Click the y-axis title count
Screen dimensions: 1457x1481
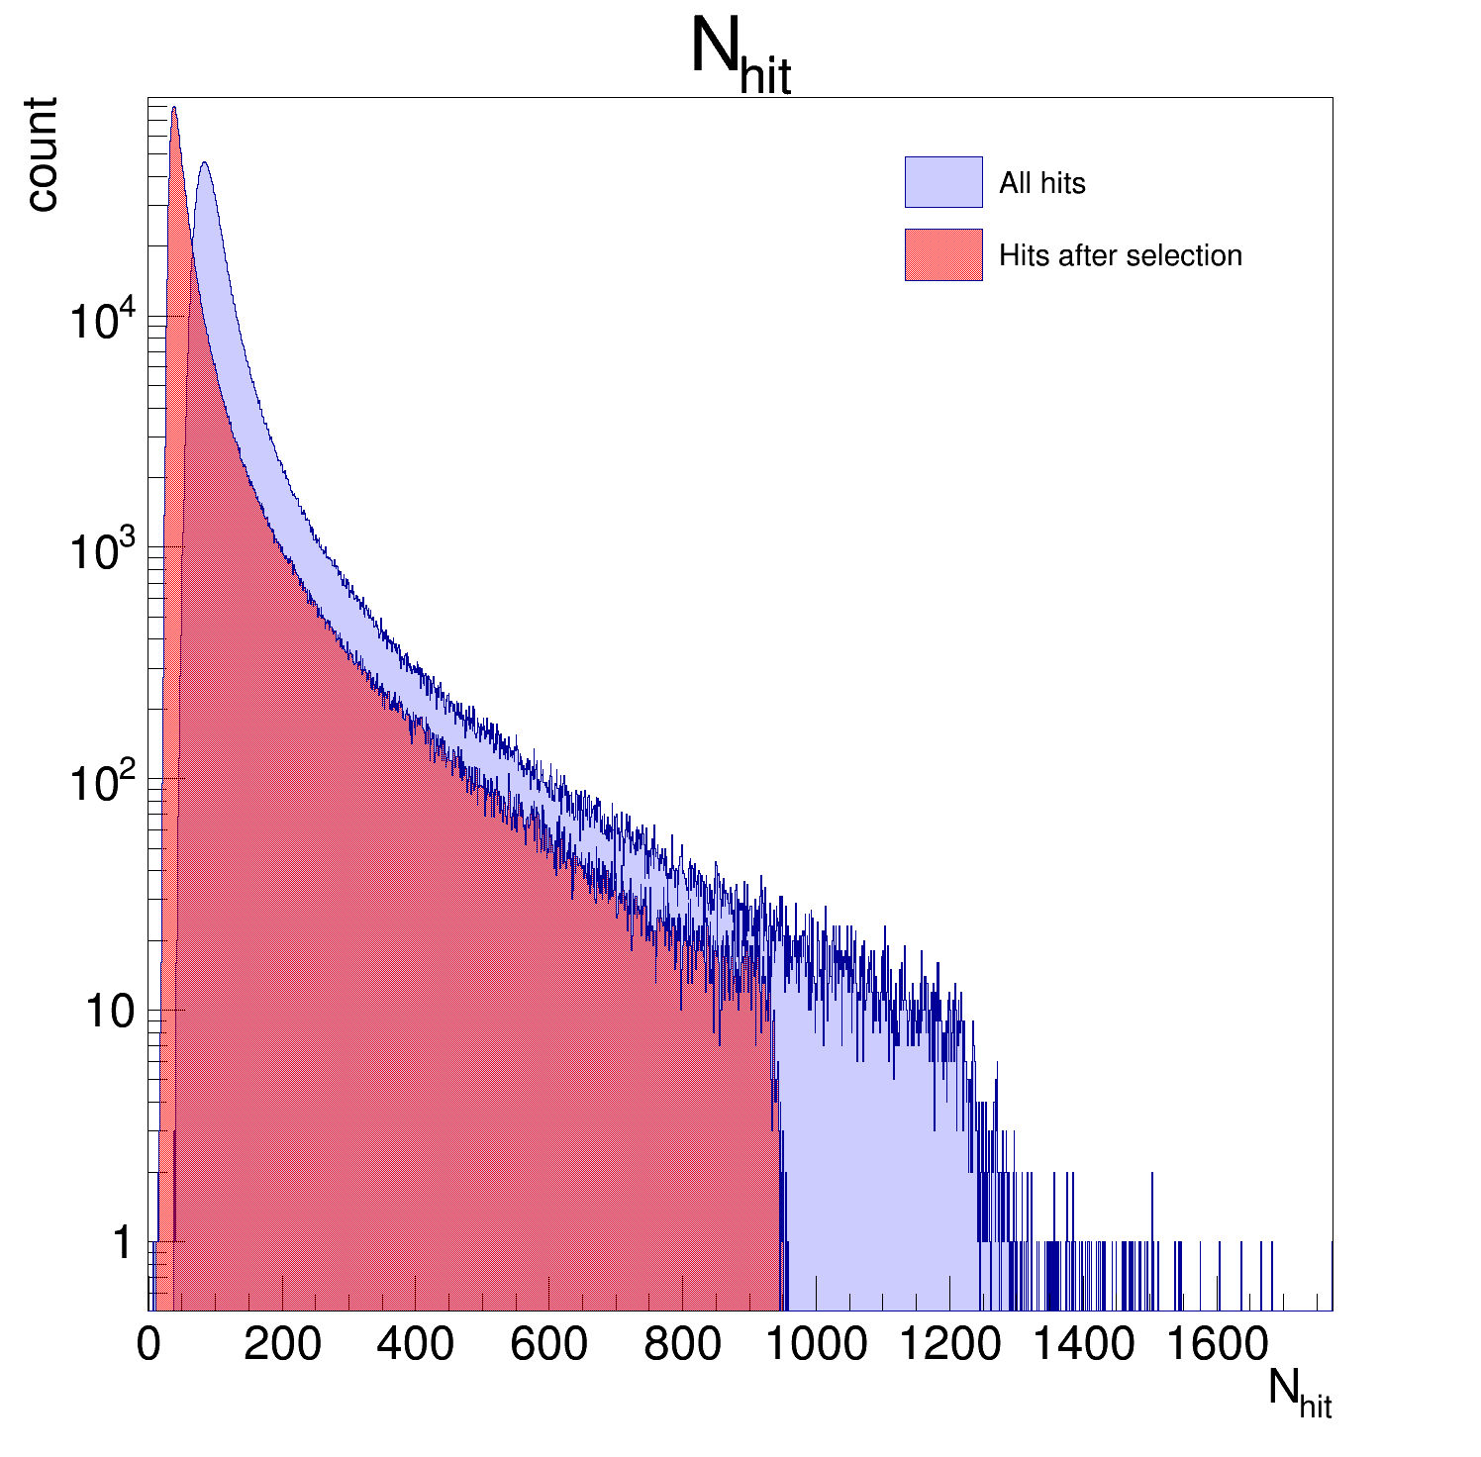(x=42, y=154)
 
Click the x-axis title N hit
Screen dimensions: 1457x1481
(x=1300, y=1394)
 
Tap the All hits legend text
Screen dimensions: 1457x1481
(x=1041, y=183)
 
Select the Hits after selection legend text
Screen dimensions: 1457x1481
(x=1120, y=255)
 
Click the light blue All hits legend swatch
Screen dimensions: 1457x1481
(x=942, y=182)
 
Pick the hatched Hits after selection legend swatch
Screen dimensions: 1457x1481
(x=942, y=255)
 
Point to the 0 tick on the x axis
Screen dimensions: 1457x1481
(x=148, y=1345)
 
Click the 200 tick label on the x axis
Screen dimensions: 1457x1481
(x=282, y=1345)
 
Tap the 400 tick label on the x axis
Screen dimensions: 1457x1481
(x=415, y=1345)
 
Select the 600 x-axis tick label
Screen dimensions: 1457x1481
(x=548, y=1345)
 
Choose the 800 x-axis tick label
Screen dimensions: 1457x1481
(x=682, y=1345)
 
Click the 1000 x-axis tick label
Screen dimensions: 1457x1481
(x=817, y=1345)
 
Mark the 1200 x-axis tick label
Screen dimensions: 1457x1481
(x=950, y=1345)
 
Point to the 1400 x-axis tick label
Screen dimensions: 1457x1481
(x=1084, y=1345)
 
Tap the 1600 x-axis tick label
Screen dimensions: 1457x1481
(x=1218, y=1345)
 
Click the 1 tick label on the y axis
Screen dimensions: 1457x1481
(x=122, y=1243)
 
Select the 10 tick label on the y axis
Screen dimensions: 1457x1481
(x=109, y=1013)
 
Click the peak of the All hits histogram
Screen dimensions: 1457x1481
(x=204, y=163)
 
